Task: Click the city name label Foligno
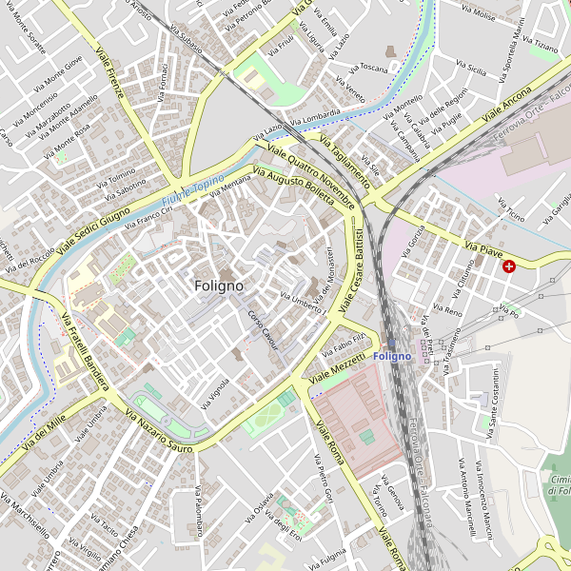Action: point(218,285)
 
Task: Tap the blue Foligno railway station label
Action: point(393,356)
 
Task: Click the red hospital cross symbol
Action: point(510,266)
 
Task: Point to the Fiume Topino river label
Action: point(193,189)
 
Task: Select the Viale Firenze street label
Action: point(111,64)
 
